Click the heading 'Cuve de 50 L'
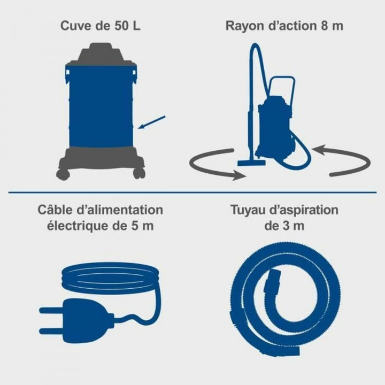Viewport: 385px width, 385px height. click(x=100, y=26)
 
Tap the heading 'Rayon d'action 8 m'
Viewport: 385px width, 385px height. click(x=284, y=26)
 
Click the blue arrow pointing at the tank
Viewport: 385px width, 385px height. click(x=152, y=122)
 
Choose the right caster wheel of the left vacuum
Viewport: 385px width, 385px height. click(x=139, y=173)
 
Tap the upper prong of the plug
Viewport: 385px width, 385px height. click(x=51, y=309)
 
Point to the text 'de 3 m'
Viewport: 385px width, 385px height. click(x=284, y=226)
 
